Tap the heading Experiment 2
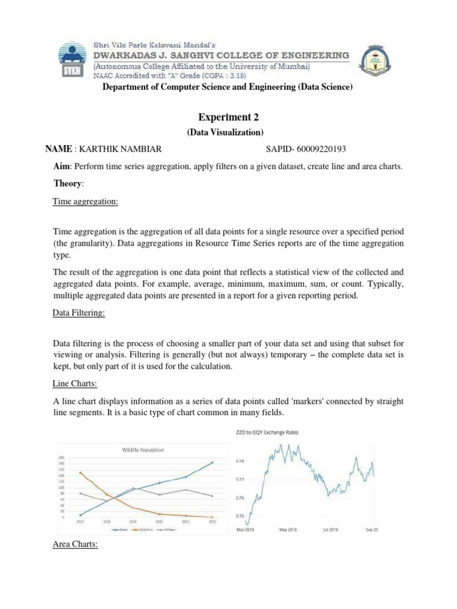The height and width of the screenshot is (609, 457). point(228,118)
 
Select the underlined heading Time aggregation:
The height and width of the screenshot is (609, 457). point(86,202)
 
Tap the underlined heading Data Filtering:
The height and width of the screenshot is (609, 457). point(79,314)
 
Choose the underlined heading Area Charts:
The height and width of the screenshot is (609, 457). point(76,544)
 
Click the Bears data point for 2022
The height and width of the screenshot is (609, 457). point(212,463)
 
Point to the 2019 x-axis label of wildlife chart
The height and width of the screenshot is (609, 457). point(133,522)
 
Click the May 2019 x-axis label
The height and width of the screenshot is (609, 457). point(287,528)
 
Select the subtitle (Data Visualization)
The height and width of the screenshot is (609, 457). point(228,132)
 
